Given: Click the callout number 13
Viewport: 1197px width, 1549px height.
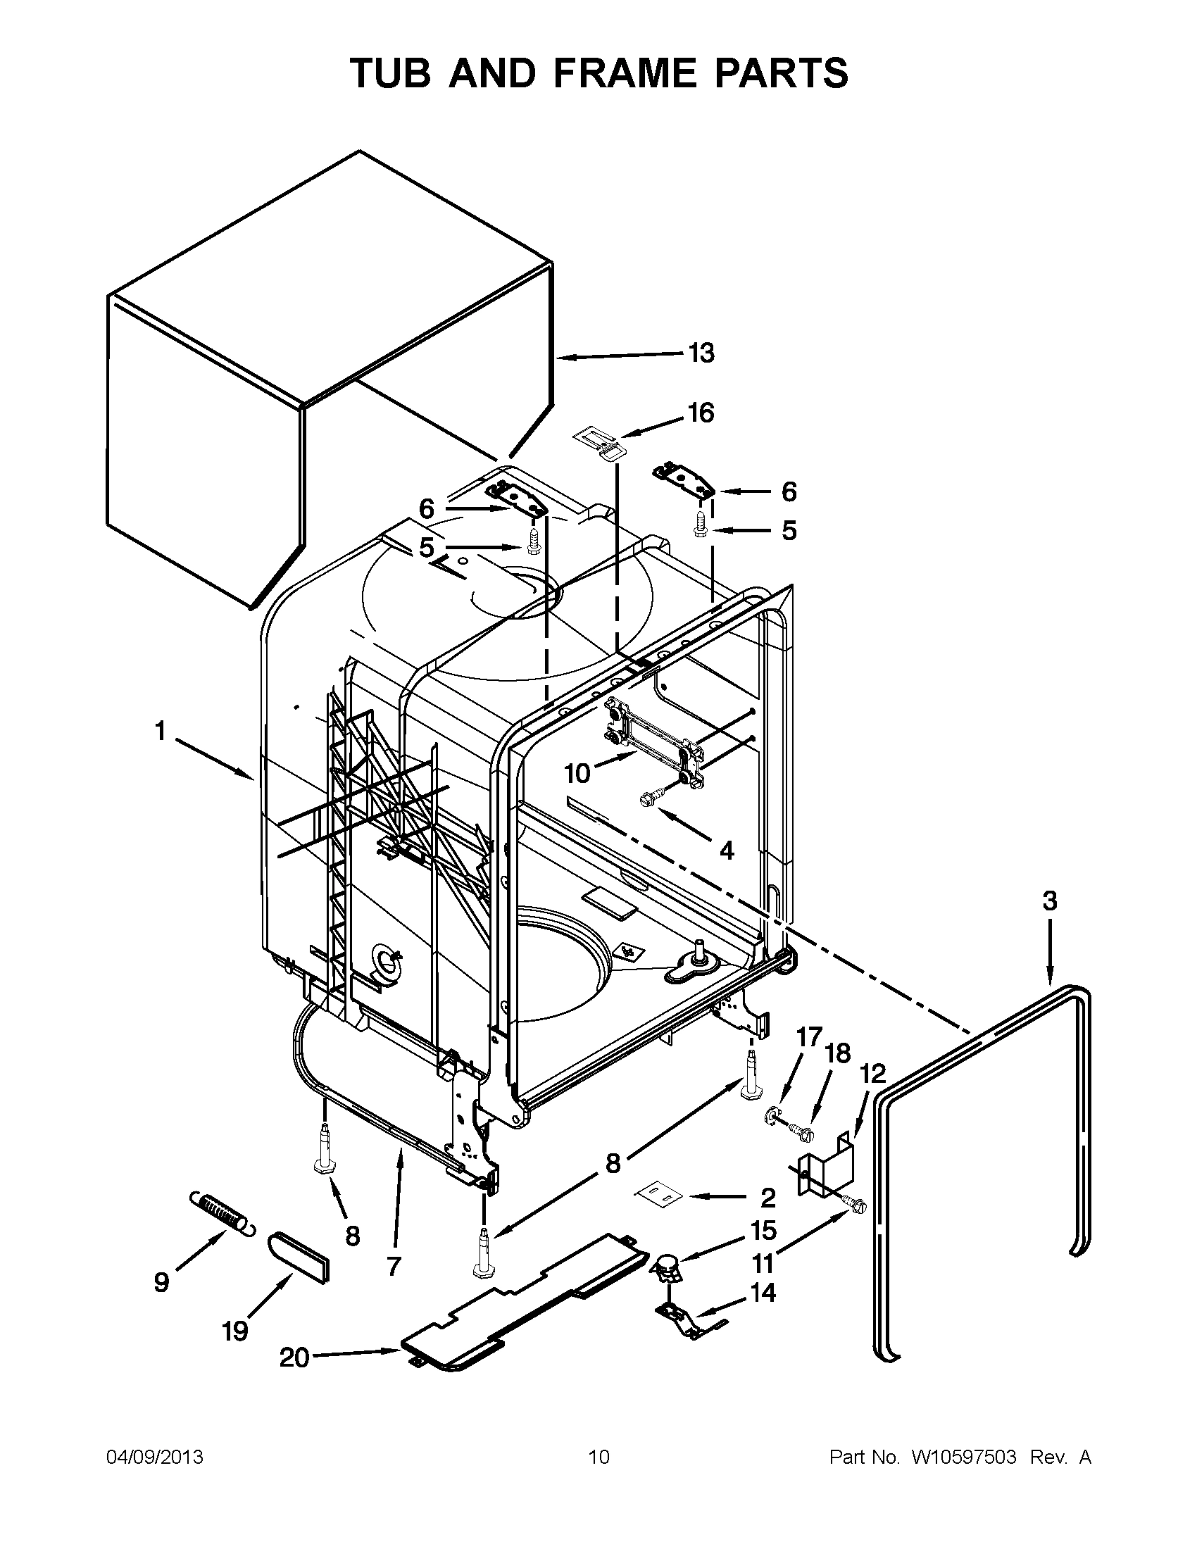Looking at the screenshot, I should tap(701, 353).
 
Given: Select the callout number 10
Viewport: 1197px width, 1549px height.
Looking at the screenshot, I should tap(577, 773).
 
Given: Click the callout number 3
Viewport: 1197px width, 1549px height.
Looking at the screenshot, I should tap(1050, 901).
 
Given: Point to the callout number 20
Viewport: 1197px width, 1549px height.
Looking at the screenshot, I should tap(294, 1357).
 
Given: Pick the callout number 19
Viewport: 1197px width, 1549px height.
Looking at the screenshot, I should tap(235, 1331).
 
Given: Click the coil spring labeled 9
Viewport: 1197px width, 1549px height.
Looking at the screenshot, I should tap(220, 1215).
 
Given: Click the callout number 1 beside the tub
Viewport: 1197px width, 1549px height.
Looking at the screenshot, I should tap(161, 732).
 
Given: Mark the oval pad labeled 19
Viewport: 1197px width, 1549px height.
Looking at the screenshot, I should tap(299, 1257).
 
